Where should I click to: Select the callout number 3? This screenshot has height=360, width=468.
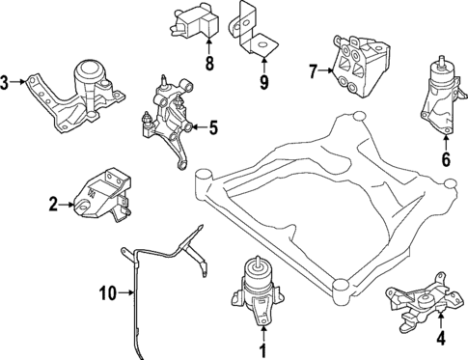click(7, 81)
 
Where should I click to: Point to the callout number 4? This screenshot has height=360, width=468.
click(440, 338)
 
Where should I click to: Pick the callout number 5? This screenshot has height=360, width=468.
click(213, 125)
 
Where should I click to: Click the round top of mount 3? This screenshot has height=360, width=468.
click(89, 71)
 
